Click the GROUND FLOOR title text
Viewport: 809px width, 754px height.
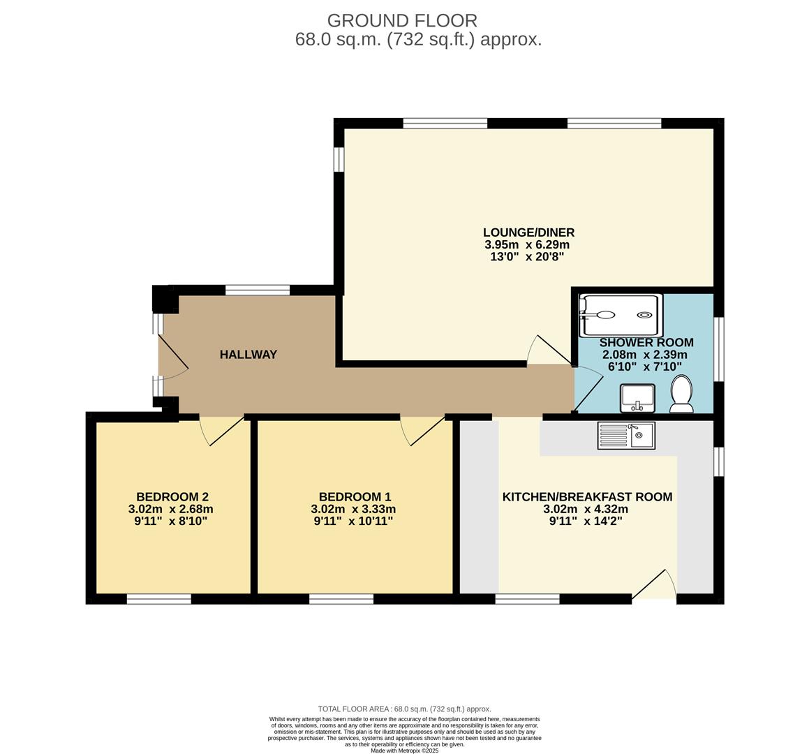pyautogui.click(x=402, y=20)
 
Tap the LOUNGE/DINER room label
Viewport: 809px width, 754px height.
pyautogui.click(x=528, y=232)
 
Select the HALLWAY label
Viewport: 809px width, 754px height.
pyautogui.click(x=248, y=355)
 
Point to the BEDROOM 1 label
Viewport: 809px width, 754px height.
pyautogui.click(x=355, y=497)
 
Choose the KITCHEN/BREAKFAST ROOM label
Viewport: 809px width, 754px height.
pyautogui.click(x=587, y=497)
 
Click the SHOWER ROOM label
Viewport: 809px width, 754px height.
pyautogui.click(x=646, y=342)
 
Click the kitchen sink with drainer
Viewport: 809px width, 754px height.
pyautogui.click(x=625, y=436)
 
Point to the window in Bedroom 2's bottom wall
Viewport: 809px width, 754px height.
pyautogui.click(x=158, y=599)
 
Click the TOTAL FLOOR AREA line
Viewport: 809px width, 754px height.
pyautogui.click(x=404, y=709)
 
